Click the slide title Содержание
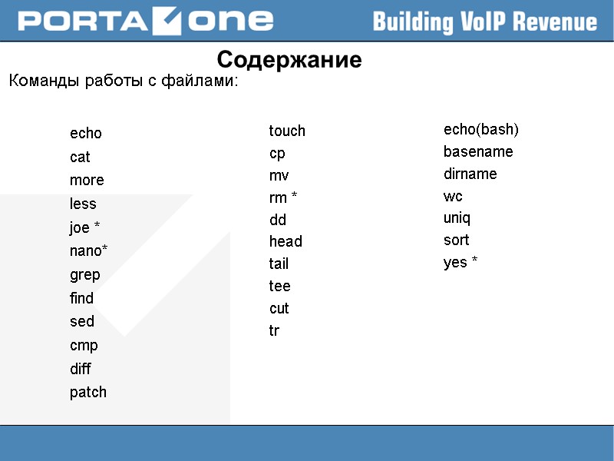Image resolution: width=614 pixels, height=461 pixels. [x=289, y=60]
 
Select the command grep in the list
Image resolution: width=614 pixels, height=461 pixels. [x=85, y=275]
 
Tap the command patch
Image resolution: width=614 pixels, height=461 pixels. [x=88, y=393]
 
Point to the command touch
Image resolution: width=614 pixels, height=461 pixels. [x=287, y=131]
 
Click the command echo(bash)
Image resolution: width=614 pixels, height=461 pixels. [x=481, y=129]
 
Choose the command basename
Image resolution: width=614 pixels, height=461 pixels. [x=478, y=152]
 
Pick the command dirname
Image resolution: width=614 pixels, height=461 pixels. [x=470, y=174]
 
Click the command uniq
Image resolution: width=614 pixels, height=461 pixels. [x=457, y=218]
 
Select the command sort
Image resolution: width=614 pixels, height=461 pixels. [x=456, y=240]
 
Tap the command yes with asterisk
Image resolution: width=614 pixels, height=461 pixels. [x=460, y=263]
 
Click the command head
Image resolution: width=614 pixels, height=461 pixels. [x=286, y=242]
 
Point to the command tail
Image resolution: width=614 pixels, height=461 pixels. [x=279, y=264]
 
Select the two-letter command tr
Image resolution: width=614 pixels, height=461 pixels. [x=274, y=331]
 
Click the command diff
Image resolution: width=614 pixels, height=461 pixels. [x=81, y=370]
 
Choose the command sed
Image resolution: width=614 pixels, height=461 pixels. [x=82, y=322]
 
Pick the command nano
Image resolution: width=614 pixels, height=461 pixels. [x=88, y=251]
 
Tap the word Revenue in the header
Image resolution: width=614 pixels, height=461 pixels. [x=553, y=22]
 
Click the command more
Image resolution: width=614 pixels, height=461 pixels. [x=87, y=181]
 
